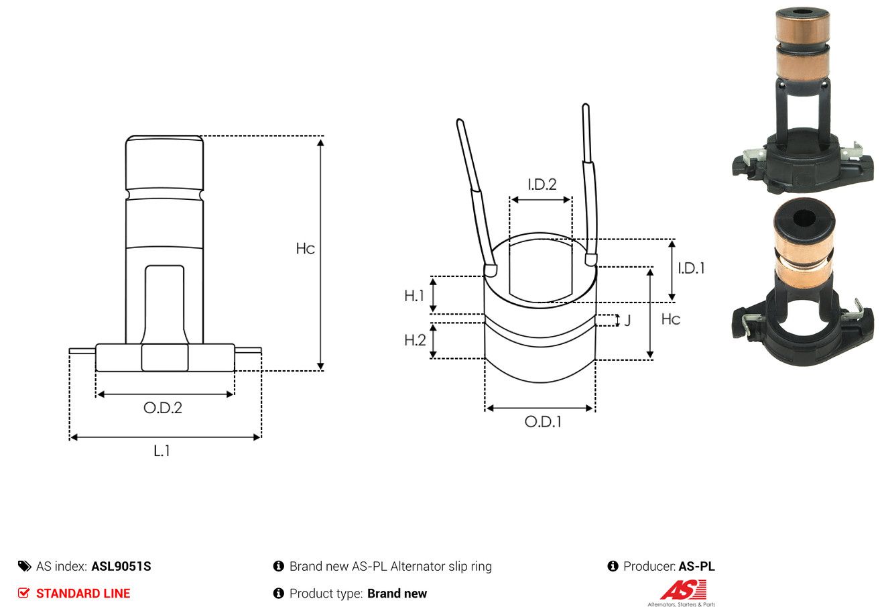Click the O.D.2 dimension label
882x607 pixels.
click(163, 408)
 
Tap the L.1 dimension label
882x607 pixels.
click(162, 451)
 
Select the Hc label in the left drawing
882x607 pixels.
click(305, 249)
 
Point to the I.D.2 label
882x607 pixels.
click(542, 184)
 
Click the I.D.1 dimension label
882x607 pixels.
click(691, 268)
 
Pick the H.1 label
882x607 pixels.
click(414, 296)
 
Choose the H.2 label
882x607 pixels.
click(415, 340)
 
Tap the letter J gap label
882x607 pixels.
click(627, 320)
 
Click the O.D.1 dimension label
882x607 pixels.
click(543, 422)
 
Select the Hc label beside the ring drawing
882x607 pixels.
click(671, 319)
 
